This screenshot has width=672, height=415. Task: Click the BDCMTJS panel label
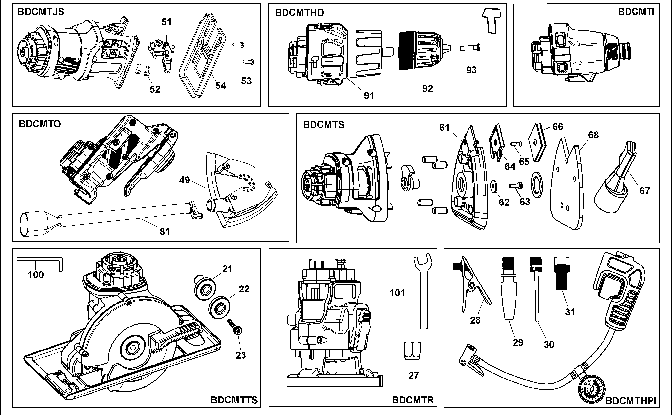pyautogui.click(x=41, y=12)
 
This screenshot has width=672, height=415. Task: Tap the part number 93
pyautogui.click(x=471, y=70)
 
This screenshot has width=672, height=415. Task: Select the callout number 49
pyautogui.click(x=184, y=180)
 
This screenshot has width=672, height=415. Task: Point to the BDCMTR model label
pyautogui.click(x=413, y=400)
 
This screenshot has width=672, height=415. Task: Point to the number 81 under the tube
pyautogui.click(x=165, y=232)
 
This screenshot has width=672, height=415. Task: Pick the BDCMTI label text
pyautogui.click(x=636, y=12)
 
